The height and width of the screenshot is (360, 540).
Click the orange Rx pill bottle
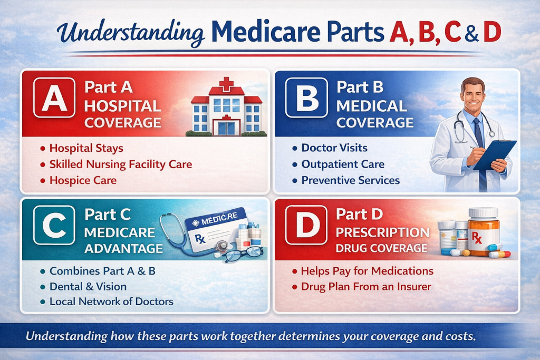[483, 232]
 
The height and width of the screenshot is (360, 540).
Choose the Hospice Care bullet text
[82, 180]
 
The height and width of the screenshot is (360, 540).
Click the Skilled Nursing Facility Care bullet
[120, 164]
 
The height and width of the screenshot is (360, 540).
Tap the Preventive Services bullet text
[350, 180]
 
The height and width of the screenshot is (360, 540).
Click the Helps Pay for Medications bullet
[367, 271]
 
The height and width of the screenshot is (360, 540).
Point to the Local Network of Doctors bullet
[111, 302]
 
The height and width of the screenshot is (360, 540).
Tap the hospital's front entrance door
[226, 127]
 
